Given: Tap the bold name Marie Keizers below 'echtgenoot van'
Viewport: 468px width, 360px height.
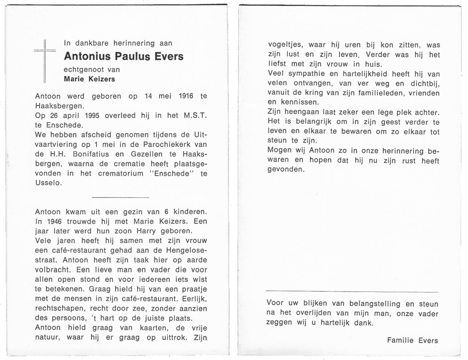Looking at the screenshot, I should pyautogui.click(x=89, y=79).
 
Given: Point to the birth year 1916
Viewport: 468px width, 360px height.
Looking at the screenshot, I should pyautogui.click(x=186, y=96).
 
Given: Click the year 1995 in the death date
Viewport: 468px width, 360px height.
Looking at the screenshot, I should pyautogui.click(x=92, y=116).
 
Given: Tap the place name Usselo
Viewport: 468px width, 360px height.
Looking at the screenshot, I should pyautogui.click(x=48, y=183).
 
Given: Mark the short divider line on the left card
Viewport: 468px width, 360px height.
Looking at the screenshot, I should pyautogui.click(x=120, y=197).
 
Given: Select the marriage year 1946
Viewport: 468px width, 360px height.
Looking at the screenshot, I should pyautogui.click(x=54, y=222).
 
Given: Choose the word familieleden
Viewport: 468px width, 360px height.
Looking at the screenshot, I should pyautogui.click(x=380, y=93).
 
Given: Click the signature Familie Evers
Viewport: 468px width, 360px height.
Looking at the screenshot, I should pyautogui.click(x=412, y=340).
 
